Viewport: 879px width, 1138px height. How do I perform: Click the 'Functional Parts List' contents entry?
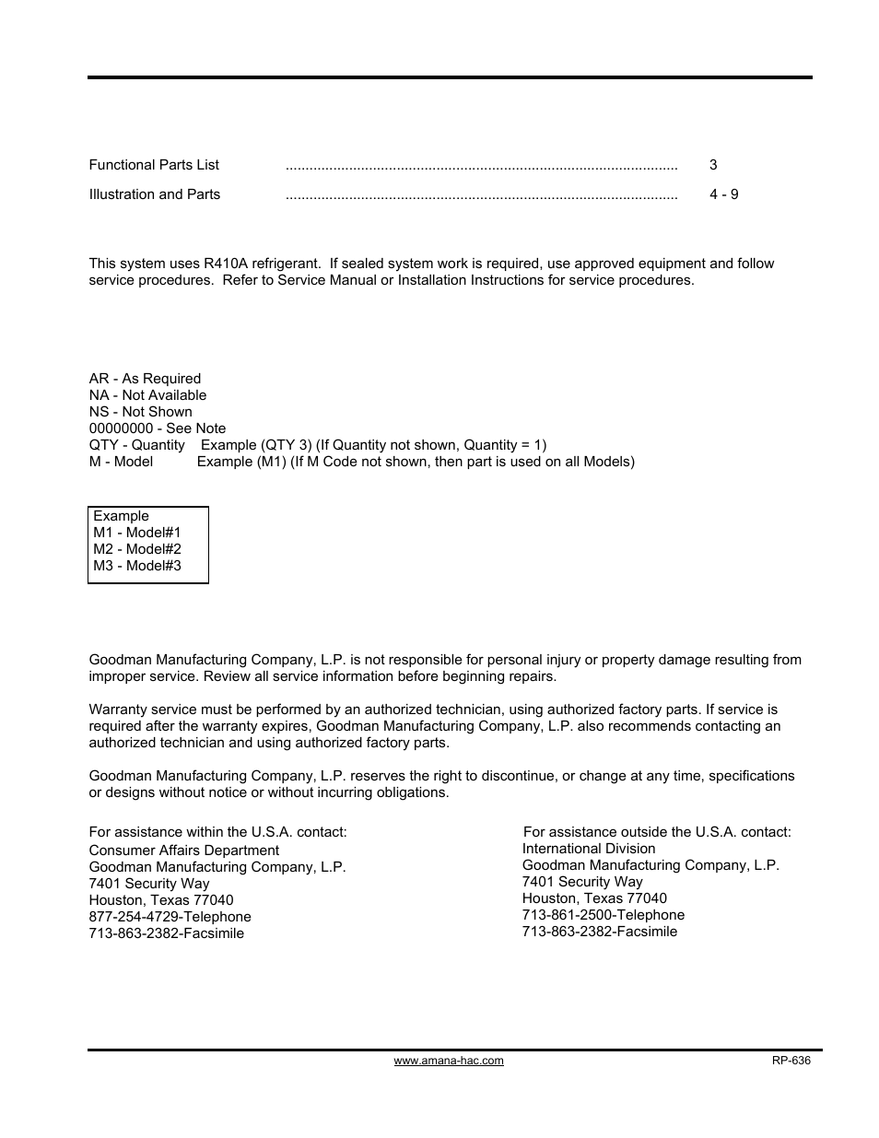point(154,165)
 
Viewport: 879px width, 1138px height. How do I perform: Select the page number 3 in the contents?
point(713,165)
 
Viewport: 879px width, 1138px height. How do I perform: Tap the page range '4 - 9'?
point(723,194)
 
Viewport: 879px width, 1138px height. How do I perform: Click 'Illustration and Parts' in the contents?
point(155,194)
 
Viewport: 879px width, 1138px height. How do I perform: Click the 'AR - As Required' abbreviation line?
point(145,379)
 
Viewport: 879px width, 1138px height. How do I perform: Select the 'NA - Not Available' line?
point(147,395)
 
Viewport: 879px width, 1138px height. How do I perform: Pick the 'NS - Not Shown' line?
point(141,412)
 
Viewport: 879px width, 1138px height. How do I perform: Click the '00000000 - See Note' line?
point(158,428)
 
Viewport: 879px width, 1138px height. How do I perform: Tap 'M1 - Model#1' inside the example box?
point(137,533)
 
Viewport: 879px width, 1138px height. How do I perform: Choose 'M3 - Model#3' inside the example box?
point(137,566)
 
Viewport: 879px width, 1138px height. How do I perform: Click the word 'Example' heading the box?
point(121,516)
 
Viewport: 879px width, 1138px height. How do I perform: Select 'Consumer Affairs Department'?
point(183,851)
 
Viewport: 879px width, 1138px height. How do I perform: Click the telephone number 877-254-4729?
point(129,917)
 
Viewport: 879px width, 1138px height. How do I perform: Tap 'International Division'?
point(589,849)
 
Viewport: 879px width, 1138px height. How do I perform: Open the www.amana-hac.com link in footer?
point(449,1061)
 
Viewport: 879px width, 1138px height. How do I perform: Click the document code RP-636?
point(791,1061)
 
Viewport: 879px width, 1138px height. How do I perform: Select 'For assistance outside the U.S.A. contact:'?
point(657,832)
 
